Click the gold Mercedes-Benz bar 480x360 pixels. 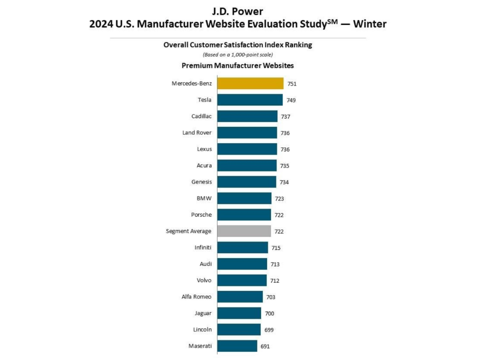pos(250,84)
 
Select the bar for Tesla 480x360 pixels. pos(250,100)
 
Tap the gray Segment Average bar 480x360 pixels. pos(244,231)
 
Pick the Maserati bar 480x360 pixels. pos(237,346)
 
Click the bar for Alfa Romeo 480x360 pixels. pos(240,297)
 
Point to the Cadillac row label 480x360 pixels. pos(201,116)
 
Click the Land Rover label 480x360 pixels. pos(197,133)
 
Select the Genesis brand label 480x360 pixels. pos(201,182)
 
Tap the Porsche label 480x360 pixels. pos(201,215)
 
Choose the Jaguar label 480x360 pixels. pos(203,313)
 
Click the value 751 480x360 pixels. pos(292,84)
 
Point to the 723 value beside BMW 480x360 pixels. pos(280,198)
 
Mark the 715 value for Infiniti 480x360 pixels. pos(276,248)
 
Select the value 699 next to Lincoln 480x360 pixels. pos(269,330)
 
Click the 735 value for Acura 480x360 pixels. pos(284,166)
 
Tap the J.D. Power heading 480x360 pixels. pos(238,12)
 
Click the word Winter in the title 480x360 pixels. pos(370,24)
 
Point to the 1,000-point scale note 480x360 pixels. pos(238,54)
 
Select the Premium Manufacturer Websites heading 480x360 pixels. pos(238,65)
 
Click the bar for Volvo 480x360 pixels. pos(242,280)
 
